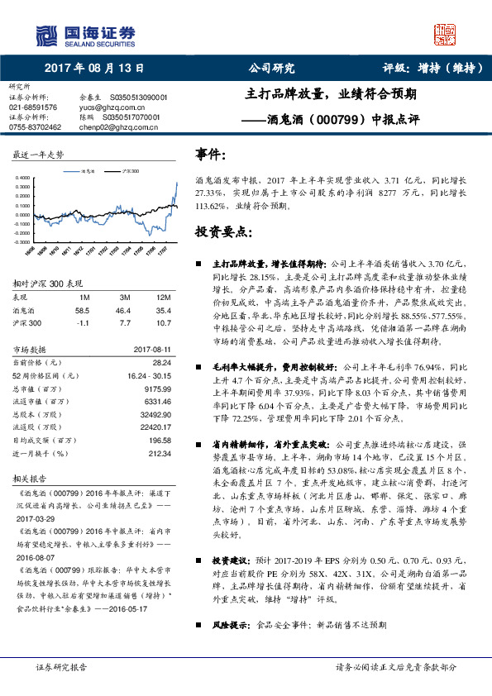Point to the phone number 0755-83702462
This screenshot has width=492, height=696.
[35, 127]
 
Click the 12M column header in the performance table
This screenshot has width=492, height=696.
[163, 297]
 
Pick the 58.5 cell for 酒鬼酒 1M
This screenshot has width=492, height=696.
[82, 310]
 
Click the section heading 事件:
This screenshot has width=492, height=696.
[211, 155]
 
